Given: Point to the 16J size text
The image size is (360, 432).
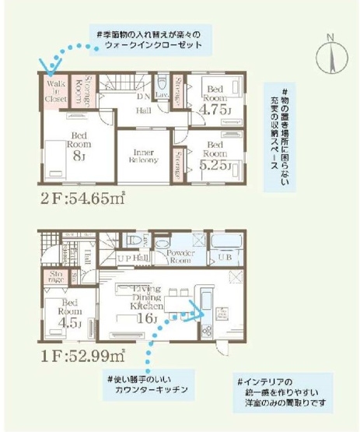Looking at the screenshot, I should tap(145, 319).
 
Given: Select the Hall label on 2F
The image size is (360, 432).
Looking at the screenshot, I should tap(144, 111).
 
